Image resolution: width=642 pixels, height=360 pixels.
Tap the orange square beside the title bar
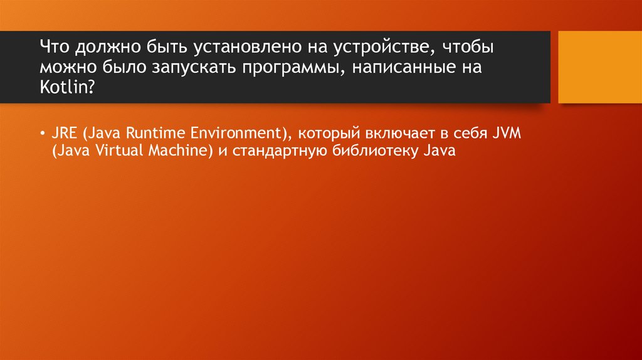[600, 67]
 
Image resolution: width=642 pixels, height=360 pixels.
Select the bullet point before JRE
[41, 134]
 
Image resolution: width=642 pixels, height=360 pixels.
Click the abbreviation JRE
[64, 134]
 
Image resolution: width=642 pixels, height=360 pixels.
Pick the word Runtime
[149, 134]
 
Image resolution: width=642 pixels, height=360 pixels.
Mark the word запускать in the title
[191, 67]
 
